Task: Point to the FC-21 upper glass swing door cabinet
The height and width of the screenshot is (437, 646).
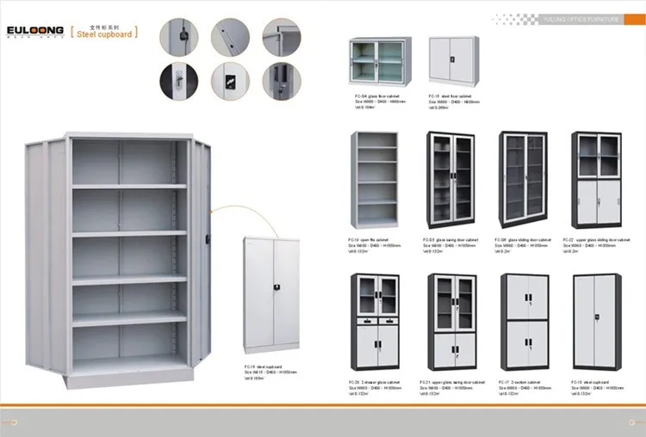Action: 451,323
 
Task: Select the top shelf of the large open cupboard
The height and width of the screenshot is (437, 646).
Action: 129,186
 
